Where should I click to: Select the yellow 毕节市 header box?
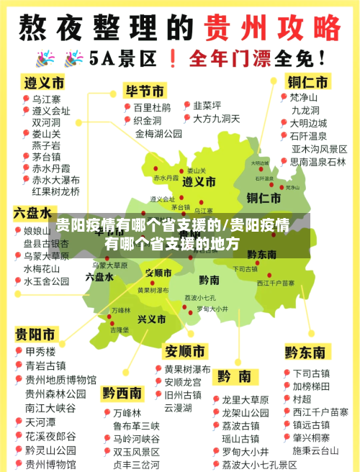point(145,91)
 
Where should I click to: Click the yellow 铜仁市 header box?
point(309,81)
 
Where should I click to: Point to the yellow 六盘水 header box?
point(32,214)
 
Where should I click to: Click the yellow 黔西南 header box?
point(122,393)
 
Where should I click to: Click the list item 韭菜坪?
point(207,105)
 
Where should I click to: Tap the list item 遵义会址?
point(51,111)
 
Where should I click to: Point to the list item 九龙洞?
point(305,110)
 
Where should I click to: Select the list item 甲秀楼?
point(40,353)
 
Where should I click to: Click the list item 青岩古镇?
point(45,366)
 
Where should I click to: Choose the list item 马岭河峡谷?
point(137,438)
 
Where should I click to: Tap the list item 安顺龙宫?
point(183,382)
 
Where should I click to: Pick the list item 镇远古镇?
point(312,425)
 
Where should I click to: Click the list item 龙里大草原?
point(246,399)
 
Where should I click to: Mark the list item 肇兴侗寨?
point(312,437)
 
